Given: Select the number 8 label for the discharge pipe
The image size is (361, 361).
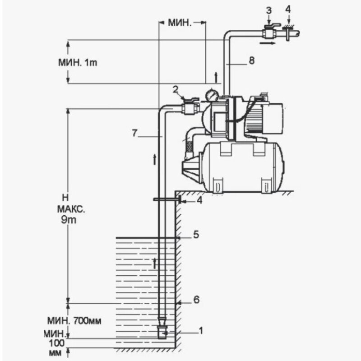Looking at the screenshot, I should coord(251,60).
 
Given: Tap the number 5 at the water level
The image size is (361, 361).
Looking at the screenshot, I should coord(196,235).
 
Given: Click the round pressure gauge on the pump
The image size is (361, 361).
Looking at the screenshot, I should coord(211,95).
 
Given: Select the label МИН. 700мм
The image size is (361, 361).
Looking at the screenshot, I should coord(74,321).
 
